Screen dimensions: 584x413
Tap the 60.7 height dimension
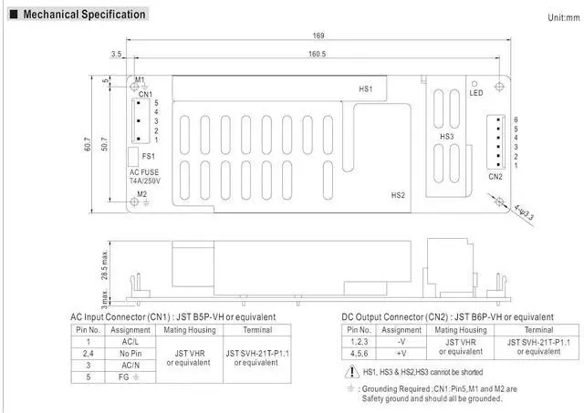pos(89,143)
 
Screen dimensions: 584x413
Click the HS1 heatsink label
pos(365,88)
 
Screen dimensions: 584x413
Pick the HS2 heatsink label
pos(398,194)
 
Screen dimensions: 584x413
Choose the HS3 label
pos(446,137)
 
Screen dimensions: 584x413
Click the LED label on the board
pos(476,93)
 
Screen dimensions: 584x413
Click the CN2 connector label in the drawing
pos(495,176)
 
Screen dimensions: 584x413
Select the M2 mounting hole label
pos(141,193)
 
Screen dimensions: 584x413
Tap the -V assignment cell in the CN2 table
pos(401,341)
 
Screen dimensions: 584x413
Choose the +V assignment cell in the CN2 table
pos(401,352)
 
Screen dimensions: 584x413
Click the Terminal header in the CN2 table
pos(538,329)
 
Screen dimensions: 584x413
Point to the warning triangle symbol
pos(352,372)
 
